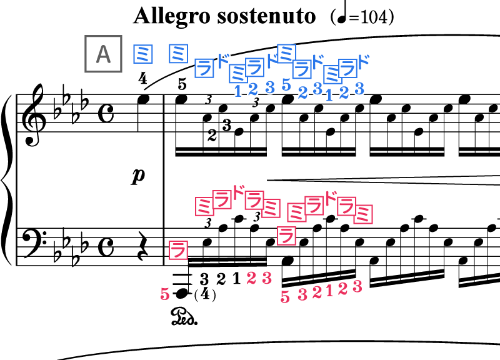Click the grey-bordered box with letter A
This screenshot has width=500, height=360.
coord(103,54)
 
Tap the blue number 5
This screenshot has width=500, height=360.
coord(286,84)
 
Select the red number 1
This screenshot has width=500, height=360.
coord(329,291)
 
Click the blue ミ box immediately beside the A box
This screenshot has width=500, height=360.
coord(143,54)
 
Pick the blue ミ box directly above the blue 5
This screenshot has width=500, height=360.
coord(286,53)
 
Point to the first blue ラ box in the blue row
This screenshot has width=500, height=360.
coord(204,67)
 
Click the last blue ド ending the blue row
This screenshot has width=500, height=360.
coord(362,61)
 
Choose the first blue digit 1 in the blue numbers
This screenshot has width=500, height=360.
coord(237,91)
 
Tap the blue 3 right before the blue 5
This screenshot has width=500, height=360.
coord(269,87)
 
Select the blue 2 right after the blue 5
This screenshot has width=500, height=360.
coord(302,92)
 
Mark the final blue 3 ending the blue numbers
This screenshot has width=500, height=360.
coord(359,89)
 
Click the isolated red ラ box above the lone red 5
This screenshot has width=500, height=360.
coord(178,250)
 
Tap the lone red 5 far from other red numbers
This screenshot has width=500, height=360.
coord(165,294)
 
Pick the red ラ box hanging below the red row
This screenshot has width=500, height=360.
coord(286,236)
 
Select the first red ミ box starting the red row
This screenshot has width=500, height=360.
coord(204,206)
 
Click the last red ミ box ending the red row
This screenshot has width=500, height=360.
coord(363,214)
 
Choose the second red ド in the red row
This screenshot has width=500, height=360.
coord(330,197)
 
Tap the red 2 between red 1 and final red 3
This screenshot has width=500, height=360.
coord(342,289)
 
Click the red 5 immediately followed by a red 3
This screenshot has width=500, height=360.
coord(285,296)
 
